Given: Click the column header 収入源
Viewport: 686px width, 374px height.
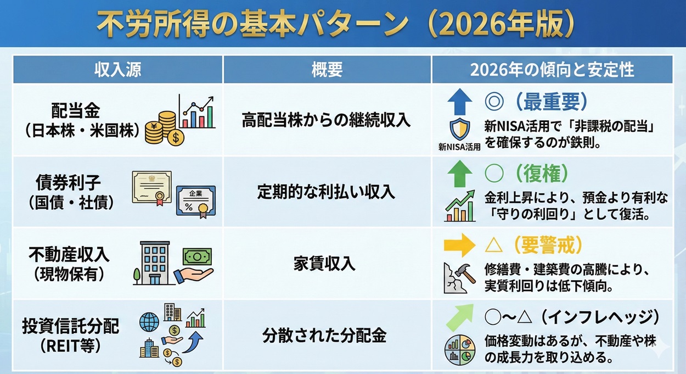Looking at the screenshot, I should (118, 70).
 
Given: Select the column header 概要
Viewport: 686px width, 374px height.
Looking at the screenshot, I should (327, 70).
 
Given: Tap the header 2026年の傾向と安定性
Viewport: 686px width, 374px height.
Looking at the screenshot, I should (552, 70).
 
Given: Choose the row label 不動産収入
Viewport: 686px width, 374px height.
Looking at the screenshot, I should (70, 254).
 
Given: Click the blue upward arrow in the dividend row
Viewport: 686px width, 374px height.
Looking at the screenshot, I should (459, 102).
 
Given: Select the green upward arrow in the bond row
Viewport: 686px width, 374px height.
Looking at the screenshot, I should (459, 174).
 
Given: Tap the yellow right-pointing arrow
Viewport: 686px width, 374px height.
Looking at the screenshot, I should (459, 245).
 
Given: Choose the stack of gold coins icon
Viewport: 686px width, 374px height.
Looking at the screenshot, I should (161, 127).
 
